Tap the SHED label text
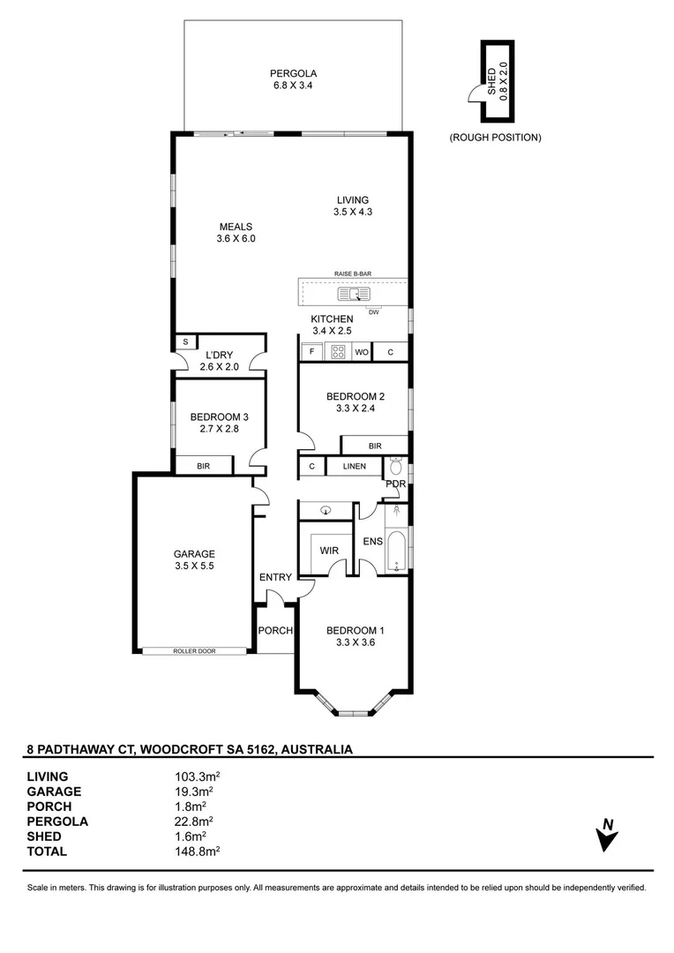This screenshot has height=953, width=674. click(491, 81)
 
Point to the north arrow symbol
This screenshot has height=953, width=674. click(607, 835)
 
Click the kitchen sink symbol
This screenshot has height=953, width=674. click(354, 295)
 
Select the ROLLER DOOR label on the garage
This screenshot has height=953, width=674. click(194, 651)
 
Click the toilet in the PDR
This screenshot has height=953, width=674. click(395, 466)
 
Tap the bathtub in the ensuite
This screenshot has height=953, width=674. click(396, 552)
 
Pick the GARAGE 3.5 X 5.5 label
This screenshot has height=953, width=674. click(194, 559)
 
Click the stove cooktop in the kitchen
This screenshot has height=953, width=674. click(338, 352)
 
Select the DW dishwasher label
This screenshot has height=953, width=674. click(373, 312)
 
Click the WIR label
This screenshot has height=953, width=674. click(329, 551)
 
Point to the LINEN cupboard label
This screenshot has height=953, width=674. click(355, 466)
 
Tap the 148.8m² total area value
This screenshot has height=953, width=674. click(197, 852)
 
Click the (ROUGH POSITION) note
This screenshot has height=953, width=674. click(495, 138)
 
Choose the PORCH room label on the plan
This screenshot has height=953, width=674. click(275, 631)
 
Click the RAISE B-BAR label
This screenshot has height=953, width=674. click(353, 274)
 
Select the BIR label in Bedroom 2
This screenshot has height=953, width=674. click(375, 446)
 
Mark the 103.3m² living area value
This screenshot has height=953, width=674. click(197, 777)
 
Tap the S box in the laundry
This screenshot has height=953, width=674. click(185, 342)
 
